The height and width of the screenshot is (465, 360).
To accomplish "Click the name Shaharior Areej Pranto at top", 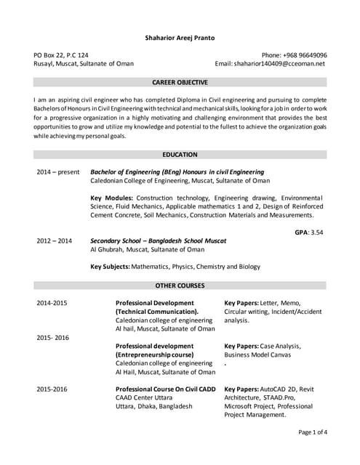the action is tap(180, 37).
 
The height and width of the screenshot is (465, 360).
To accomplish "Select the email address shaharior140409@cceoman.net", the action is tap(289, 63).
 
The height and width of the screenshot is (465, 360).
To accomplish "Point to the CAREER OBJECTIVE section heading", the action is tap(180, 83).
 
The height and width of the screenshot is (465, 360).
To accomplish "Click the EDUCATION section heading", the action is tap(180, 155).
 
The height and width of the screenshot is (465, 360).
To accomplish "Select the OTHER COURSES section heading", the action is tap(180, 286).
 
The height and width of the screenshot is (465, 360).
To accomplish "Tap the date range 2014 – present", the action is tap(58, 172).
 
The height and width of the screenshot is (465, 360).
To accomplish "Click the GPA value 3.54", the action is tap(316, 232).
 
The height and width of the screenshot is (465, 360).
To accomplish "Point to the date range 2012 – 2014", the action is tap(55, 240).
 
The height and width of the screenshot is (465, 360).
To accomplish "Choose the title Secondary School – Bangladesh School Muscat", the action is tap(158, 240).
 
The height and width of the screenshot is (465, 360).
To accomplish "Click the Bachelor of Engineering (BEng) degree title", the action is tap(177, 172).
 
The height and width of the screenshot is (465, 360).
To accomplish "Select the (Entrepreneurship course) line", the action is tap(155, 355).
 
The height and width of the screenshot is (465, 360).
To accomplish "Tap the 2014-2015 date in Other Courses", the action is tap(52, 303).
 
